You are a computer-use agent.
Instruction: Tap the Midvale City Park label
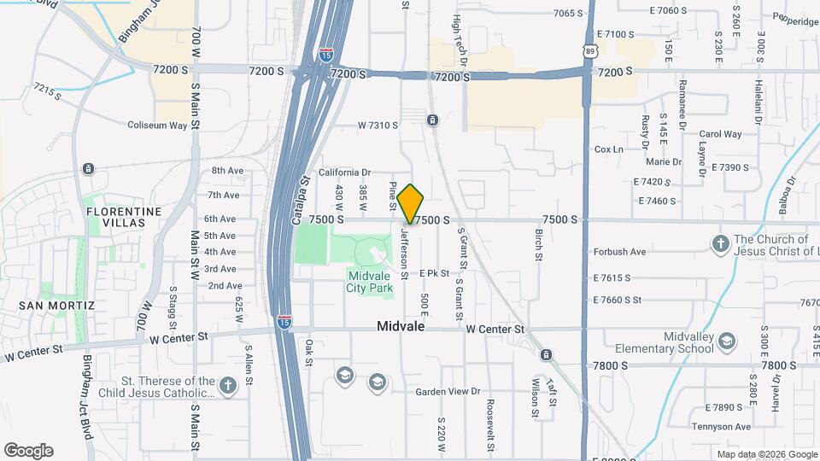(x=370, y=282)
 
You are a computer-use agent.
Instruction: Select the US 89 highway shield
(x=591, y=53)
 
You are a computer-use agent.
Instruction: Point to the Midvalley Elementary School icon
(x=726, y=342)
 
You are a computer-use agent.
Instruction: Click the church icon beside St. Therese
(x=227, y=386)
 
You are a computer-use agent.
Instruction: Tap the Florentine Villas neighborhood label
(x=123, y=217)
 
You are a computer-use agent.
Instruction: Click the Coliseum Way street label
(x=157, y=125)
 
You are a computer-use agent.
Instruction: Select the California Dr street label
(x=344, y=172)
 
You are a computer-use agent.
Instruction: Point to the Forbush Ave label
(x=619, y=252)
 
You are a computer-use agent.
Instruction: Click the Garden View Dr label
(x=448, y=392)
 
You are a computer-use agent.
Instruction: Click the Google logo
(x=28, y=451)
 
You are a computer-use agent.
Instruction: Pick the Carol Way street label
(x=720, y=134)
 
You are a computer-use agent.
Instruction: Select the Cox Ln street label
(x=608, y=149)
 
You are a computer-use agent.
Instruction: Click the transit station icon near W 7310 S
(x=433, y=120)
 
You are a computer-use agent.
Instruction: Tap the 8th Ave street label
(x=227, y=171)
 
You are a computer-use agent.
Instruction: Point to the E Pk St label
(x=434, y=273)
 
